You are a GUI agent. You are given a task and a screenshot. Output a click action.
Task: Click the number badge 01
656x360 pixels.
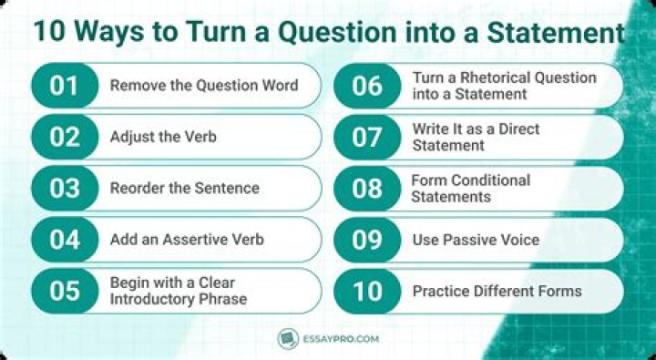[x=65, y=86]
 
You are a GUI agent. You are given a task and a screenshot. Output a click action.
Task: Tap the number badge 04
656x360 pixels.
[x=65, y=240]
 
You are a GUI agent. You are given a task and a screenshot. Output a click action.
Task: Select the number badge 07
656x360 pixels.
[x=367, y=138]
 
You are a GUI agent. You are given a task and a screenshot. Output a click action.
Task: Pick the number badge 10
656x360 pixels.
[x=367, y=292]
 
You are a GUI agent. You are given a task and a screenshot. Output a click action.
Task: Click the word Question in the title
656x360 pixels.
[x=338, y=32]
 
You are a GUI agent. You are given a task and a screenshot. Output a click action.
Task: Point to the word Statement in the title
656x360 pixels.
[x=556, y=32]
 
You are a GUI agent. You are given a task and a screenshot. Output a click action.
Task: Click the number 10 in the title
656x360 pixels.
[x=49, y=31]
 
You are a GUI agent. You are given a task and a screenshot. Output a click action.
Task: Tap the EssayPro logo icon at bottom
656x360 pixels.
[x=288, y=339]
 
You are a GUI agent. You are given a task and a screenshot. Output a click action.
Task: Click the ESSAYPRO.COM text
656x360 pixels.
[x=341, y=339]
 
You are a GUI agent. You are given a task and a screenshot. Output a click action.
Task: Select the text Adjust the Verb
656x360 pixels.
[x=163, y=138]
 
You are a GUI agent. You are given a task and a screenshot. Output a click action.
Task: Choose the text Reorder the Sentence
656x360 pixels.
[x=184, y=188]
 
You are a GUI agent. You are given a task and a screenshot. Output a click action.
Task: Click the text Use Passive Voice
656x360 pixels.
[x=476, y=240]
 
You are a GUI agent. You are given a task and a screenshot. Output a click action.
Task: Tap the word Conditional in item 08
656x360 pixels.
[x=491, y=180]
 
